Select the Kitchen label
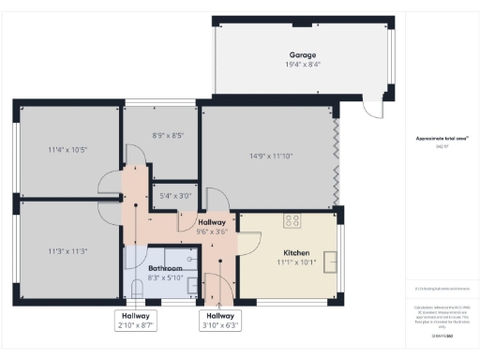pos(296,253)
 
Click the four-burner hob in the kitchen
pos(292,221)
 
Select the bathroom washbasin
pos(190,284)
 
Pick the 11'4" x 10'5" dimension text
pos(67,150)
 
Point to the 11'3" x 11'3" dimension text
pos(67,250)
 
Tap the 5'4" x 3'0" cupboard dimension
pos(174,196)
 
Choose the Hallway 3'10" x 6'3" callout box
pos(220,321)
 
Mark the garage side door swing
pos(374,111)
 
